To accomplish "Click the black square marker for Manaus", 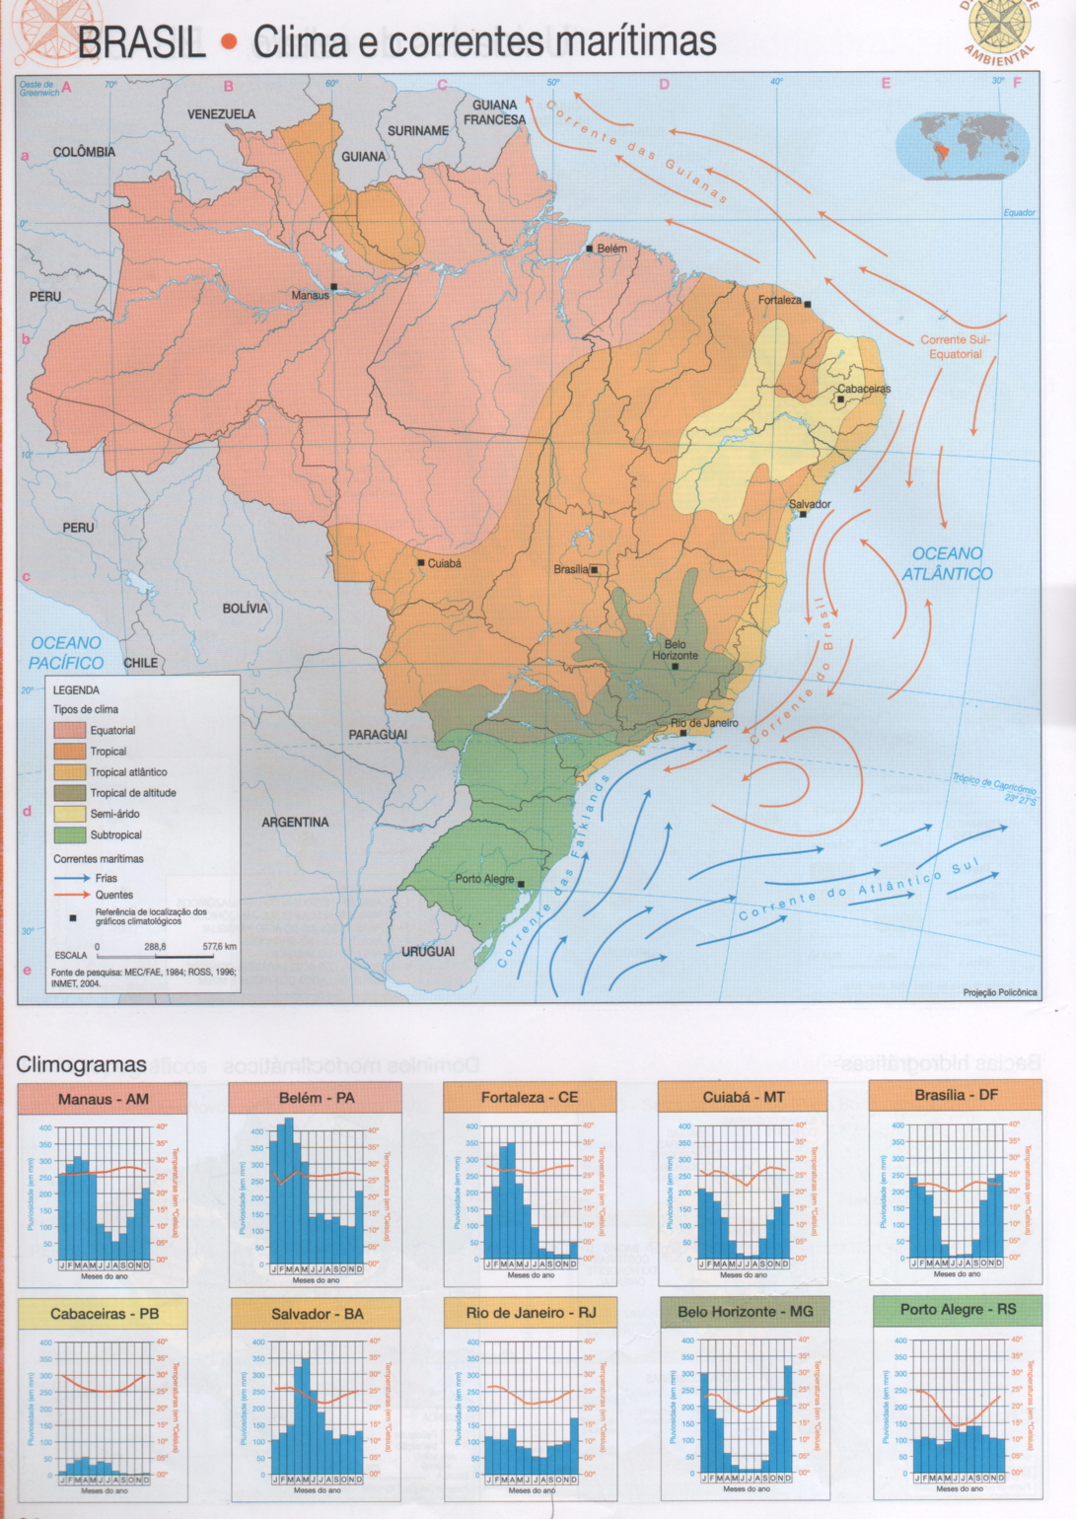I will [334, 287].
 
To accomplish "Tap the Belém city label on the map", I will [611, 249].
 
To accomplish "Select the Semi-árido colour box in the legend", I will [69, 814].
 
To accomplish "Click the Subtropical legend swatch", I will [69, 834].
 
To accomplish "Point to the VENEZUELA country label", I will [221, 114].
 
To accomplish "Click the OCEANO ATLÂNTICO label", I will [947, 563].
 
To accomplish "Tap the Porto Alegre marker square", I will [521, 885].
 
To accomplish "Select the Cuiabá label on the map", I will [444, 563].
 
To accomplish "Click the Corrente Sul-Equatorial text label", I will [955, 346].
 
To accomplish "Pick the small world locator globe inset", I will [962, 146].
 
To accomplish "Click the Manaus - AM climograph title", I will [103, 1099].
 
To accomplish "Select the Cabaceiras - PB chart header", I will [104, 1314].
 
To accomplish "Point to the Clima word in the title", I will [301, 42].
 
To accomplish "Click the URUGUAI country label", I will [427, 952].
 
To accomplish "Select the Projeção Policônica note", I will [1000, 992].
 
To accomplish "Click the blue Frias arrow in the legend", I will [71, 877].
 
